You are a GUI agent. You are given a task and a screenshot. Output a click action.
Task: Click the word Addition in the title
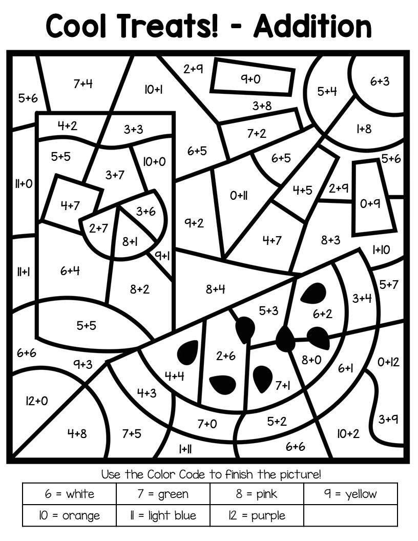click(x=312, y=25)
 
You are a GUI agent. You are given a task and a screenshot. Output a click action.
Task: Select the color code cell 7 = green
click(x=163, y=494)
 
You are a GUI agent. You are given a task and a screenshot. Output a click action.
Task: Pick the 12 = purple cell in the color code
click(x=257, y=515)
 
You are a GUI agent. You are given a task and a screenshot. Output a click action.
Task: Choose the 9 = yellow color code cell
click(x=350, y=494)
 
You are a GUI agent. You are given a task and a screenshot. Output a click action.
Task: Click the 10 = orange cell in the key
click(x=69, y=515)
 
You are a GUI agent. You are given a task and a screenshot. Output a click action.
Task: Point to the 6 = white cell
click(x=69, y=494)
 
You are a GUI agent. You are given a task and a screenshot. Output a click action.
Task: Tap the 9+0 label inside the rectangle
click(x=251, y=79)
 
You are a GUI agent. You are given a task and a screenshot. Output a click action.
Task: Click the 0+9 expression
click(x=370, y=204)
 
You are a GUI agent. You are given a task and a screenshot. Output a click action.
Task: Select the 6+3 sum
click(x=380, y=81)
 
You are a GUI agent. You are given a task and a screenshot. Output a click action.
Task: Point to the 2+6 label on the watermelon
click(x=225, y=356)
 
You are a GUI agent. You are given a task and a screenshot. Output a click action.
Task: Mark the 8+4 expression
click(x=216, y=289)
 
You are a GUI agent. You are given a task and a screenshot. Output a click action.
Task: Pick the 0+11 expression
click(x=239, y=195)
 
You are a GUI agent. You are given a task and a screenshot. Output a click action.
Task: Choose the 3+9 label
click(x=388, y=420)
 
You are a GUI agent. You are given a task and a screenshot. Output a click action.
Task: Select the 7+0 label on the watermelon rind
click(x=207, y=424)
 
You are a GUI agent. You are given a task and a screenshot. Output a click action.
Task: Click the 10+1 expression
click(x=153, y=90)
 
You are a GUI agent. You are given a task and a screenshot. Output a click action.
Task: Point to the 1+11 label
click(x=185, y=449)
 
